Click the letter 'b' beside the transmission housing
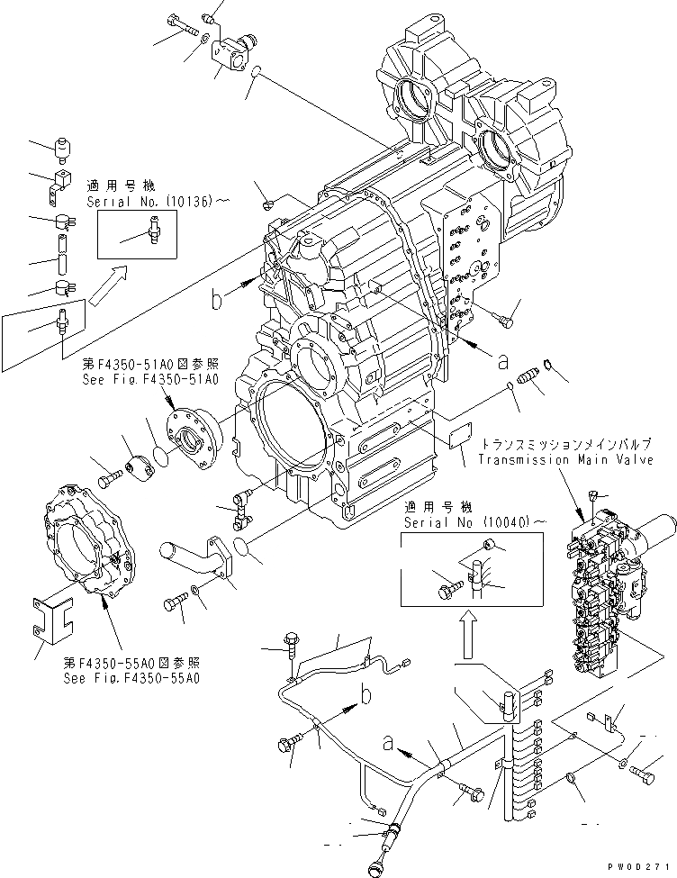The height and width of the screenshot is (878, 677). point(219,300)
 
